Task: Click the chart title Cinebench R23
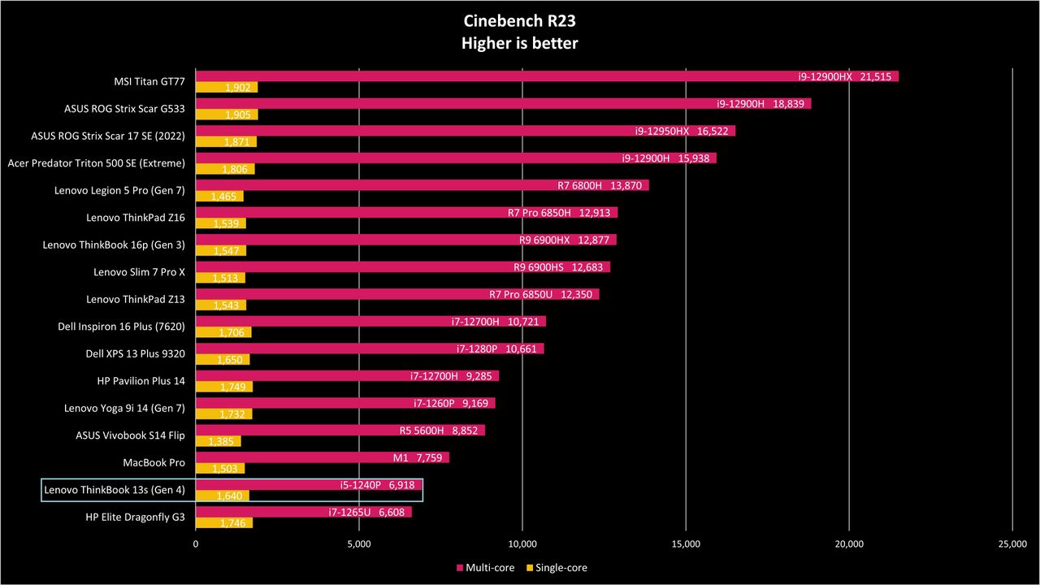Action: tap(519, 21)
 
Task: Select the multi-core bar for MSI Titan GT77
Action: tap(547, 76)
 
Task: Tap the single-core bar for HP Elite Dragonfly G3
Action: tap(224, 522)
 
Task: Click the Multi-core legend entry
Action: tap(486, 567)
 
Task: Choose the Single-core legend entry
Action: tap(557, 567)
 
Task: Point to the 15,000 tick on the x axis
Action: tap(686, 544)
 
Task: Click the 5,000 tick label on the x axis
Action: tap(359, 544)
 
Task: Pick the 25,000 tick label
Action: tap(1012, 544)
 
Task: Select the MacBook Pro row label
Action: tap(154, 462)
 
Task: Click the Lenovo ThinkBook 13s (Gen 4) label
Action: tap(115, 490)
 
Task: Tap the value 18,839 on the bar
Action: tap(788, 103)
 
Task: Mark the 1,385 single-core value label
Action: tap(221, 441)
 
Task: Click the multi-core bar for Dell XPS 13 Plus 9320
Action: tap(370, 349)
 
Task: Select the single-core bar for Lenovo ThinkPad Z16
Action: tap(220, 223)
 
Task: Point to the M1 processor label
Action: tap(401, 457)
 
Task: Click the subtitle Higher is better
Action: tap(519, 43)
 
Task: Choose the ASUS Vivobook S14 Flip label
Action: tap(130, 435)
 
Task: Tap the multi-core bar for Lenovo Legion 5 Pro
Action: tap(422, 185)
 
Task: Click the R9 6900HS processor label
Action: tap(539, 267)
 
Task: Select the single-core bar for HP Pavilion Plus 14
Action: tap(224, 387)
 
